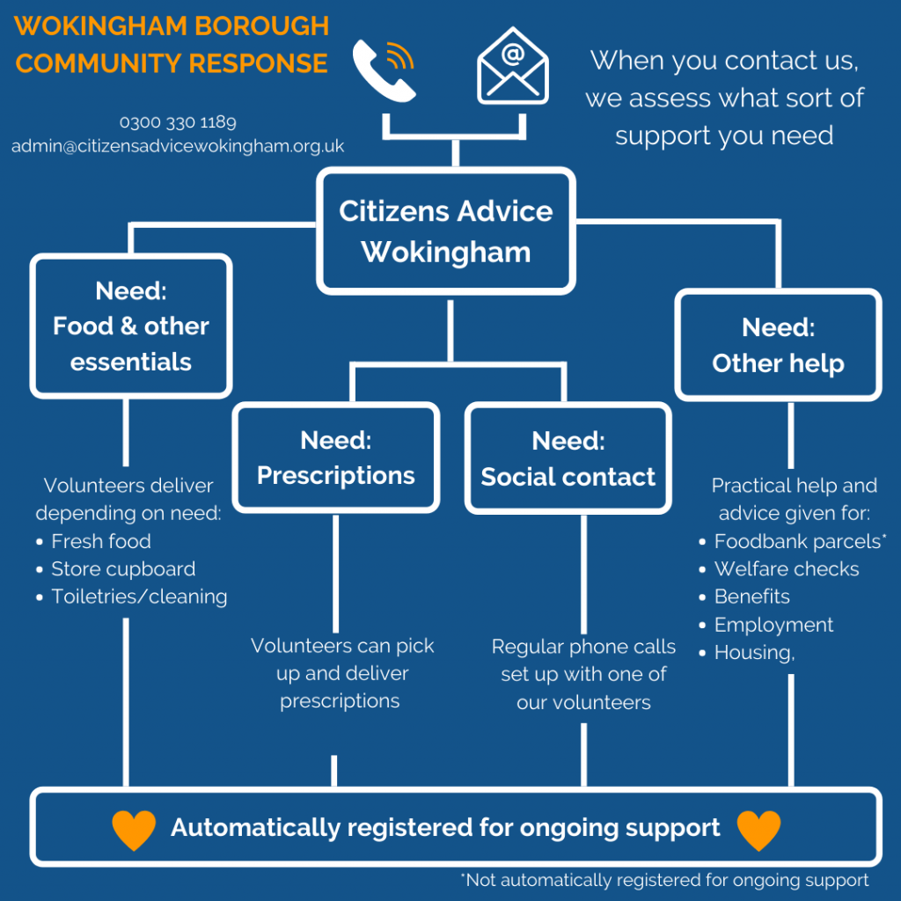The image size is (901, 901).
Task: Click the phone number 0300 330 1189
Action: [178, 122]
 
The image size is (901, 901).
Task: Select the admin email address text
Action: [178, 146]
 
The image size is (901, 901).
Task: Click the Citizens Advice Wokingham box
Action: [446, 231]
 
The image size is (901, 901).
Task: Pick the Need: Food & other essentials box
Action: [131, 326]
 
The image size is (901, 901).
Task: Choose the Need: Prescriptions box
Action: [335, 458]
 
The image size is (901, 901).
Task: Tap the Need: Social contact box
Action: [568, 458]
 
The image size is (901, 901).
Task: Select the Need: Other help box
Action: [778, 345]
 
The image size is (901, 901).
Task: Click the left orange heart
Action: [134, 829]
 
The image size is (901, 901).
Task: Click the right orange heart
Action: [758, 829]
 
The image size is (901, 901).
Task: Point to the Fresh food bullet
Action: [100, 541]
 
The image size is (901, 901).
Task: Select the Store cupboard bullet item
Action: [122, 569]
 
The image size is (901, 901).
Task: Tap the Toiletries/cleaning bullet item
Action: [138, 597]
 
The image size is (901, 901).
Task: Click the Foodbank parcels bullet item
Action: [799, 541]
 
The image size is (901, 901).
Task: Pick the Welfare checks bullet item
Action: [786, 569]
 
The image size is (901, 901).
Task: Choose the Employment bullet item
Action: [773, 625]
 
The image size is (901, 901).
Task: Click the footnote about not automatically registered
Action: [664, 880]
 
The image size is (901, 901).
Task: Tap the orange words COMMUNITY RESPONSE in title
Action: [172, 63]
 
